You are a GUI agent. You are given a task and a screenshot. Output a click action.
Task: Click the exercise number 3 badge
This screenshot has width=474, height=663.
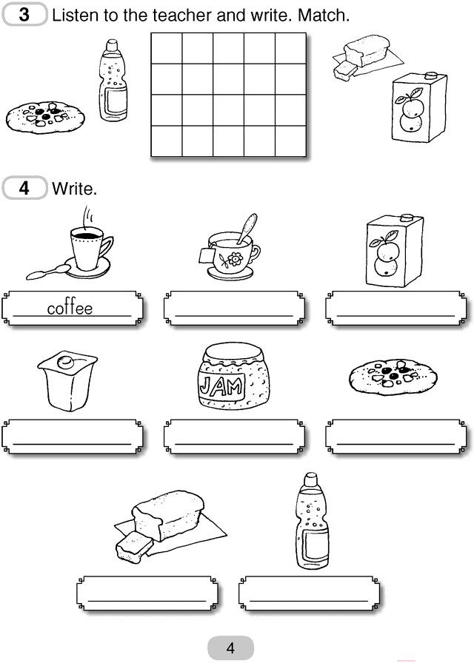(x=24, y=14)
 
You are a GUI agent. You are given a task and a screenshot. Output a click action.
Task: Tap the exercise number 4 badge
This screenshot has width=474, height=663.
(x=24, y=188)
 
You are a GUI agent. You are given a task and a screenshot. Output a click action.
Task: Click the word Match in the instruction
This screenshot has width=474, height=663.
(x=324, y=16)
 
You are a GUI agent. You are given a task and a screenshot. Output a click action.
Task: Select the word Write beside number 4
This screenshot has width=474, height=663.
(x=74, y=189)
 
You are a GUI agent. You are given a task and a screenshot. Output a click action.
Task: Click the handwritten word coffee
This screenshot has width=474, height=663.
(x=70, y=308)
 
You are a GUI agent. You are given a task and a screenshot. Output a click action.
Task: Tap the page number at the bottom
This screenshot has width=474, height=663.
(x=230, y=648)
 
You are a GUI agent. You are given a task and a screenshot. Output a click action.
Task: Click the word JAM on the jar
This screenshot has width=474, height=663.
(x=221, y=386)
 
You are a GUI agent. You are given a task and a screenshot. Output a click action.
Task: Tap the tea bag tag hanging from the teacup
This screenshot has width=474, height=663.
(x=207, y=256)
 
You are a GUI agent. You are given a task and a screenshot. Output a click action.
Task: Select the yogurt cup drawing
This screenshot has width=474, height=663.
(x=67, y=380)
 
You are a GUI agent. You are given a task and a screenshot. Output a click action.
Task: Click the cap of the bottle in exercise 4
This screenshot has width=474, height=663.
(x=311, y=479)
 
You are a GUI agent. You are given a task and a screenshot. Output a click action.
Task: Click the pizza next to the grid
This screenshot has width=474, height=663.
(x=45, y=117)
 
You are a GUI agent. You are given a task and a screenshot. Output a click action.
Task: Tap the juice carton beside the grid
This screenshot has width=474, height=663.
(x=419, y=107)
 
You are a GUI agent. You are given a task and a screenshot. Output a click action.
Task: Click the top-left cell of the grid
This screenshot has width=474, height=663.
(x=167, y=49)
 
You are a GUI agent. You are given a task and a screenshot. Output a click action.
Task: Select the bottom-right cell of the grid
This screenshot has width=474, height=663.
(x=291, y=141)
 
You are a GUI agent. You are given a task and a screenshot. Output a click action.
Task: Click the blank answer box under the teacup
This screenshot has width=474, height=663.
(x=234, y=309)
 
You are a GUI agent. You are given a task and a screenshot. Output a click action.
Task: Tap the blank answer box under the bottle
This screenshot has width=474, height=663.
(x=309, y=593)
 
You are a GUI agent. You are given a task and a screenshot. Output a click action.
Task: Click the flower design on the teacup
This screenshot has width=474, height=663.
(x=234, y=259)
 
